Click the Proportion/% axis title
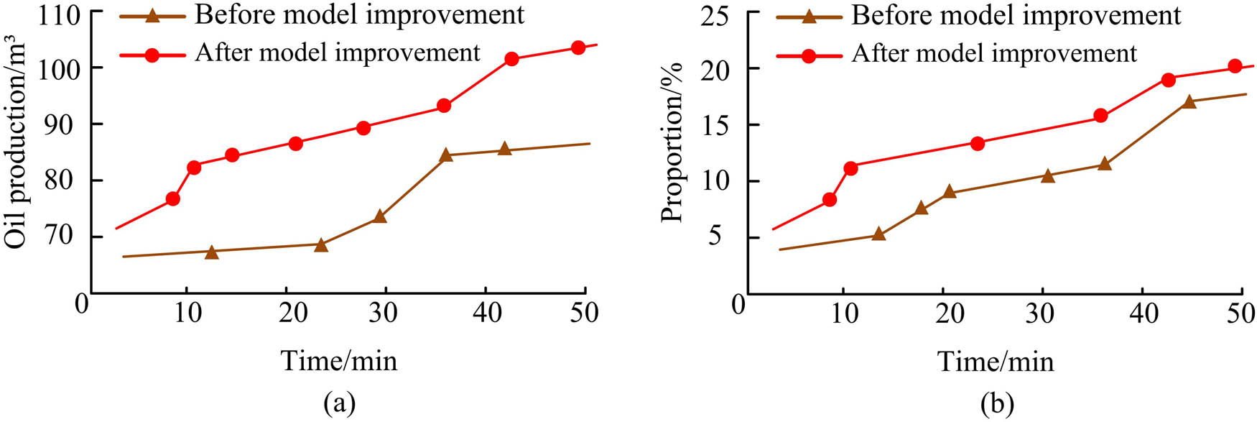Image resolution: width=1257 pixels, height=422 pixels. pos(672,143)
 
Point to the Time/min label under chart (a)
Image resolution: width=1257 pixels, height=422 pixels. pos(338,360)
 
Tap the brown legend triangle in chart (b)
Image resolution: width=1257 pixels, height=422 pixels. pos(809,16)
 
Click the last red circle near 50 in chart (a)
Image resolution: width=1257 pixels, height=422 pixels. pos(578,47)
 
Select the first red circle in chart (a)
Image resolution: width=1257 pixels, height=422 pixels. pos(172,198)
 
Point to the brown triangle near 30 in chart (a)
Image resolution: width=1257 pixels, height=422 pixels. pos(380,216)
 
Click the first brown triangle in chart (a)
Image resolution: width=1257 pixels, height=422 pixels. pos(211,252)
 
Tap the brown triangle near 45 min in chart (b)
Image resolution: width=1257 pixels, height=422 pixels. pos(1189,102)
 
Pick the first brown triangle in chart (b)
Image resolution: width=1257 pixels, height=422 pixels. pos(878,234)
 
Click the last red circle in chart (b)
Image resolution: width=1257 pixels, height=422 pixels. pos(1235,66)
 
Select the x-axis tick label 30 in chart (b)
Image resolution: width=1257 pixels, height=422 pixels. pos(1040,313)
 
